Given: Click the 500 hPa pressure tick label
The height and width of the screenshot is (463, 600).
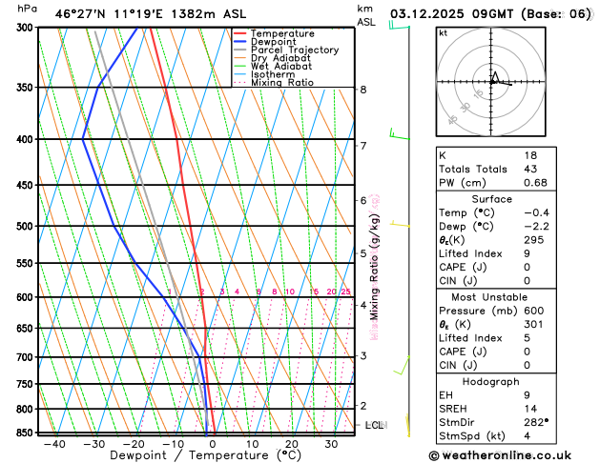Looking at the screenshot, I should (x=23, y=227).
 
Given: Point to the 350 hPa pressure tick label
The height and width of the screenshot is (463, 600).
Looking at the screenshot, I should (x=23, y=88).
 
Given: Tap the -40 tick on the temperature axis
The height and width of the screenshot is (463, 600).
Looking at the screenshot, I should (x=54, y=444).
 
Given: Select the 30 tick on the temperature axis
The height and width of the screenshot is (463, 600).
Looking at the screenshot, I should (x=331, y=444).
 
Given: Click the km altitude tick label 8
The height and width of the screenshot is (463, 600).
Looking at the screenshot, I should (x=362, y=90).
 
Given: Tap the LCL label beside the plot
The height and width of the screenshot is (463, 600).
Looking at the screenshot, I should (x=374, y=425).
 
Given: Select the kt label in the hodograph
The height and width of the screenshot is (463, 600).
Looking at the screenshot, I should (x=444, y=33).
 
